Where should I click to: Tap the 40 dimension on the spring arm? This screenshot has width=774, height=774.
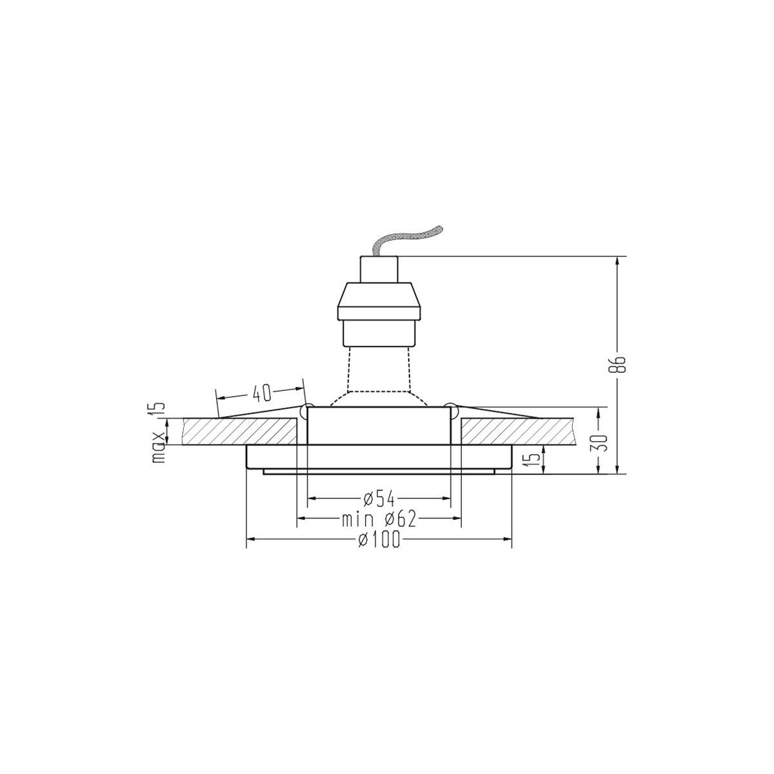coord(261,392)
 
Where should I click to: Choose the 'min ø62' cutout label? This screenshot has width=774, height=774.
coord(379,519)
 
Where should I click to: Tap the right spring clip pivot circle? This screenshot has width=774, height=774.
coord(453,409)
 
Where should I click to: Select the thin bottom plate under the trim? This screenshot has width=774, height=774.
coord(379,472)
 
